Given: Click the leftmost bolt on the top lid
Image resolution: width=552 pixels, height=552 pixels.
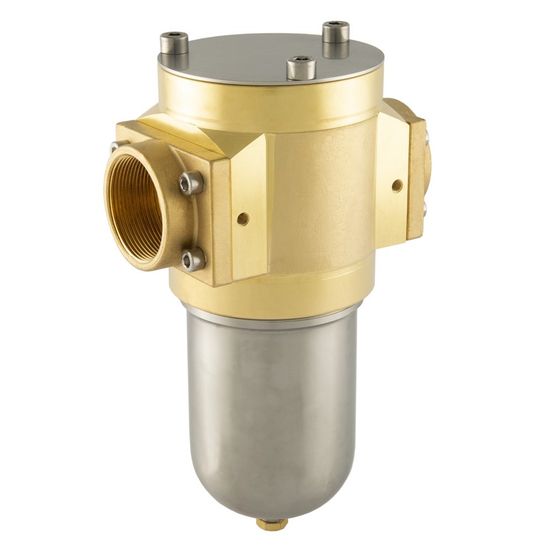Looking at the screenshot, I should (174, 43).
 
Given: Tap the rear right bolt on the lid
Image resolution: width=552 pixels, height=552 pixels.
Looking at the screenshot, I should (336, 32).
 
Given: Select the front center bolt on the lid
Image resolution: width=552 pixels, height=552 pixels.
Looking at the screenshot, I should (301, 68).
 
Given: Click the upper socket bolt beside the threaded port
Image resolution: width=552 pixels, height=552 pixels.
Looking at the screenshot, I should (192, 183).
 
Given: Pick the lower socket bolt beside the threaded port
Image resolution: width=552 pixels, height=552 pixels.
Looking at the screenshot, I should (193, 259).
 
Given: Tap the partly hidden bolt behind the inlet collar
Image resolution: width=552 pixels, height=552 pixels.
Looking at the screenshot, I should (116, 146).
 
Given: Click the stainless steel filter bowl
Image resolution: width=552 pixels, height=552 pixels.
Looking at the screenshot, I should (270, 397).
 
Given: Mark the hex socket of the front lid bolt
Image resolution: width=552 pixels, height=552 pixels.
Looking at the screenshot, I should (301, 60).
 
